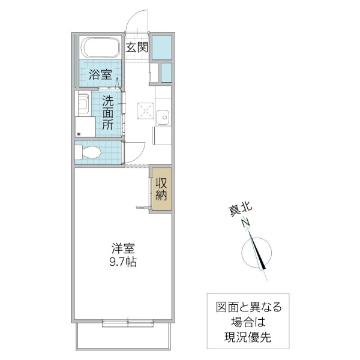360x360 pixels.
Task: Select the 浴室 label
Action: click(x=100, y=75)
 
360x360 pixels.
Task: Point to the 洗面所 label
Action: click(x=108, y=112)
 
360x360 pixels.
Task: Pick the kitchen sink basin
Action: click(x=161, y=116)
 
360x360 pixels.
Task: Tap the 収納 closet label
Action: click(x=161, y=189)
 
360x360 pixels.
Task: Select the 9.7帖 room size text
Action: click(x=122, y=262)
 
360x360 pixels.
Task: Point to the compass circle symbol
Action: click(x=257, y=253)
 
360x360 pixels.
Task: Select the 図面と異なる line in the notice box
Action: click(x=248, y=308)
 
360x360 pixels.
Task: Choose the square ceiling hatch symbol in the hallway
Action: click(x=143, y=111)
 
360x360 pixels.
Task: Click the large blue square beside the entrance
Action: click(x=161, y=47)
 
